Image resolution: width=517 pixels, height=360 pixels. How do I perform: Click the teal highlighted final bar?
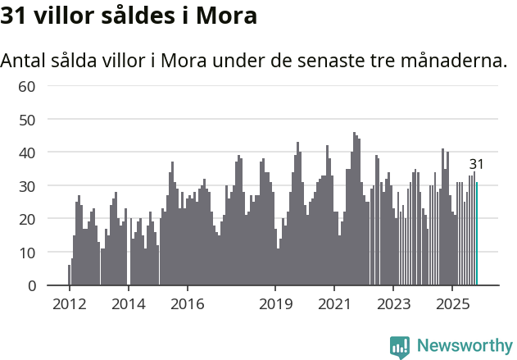(x=477, y=235)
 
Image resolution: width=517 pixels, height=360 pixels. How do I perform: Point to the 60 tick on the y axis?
(x=27, y=86)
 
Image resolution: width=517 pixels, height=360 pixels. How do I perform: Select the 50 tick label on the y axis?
(x=27, y=120)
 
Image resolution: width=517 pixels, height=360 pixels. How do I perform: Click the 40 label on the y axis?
(x=27, y=153)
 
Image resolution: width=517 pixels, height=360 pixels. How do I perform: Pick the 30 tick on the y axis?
(x=27, y=186)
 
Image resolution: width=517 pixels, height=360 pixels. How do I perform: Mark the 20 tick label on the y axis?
(x=27, y=220)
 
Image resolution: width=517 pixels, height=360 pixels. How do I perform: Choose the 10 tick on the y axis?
(x=27, y=253)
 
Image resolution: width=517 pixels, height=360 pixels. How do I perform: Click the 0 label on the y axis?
(x=32, y=286)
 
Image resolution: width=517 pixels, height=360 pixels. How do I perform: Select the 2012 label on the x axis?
(x=69, y=303)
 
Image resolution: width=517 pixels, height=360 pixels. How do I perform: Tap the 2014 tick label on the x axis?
(x=128, y=303)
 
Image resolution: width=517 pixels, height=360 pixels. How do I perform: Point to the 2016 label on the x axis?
(x=187, y=303)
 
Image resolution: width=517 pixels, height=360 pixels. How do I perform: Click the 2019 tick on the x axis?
(x=275, y=303)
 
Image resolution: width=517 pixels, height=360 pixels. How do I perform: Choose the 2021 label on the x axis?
(x=334, y=303)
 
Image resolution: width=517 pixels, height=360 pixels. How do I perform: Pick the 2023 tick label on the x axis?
(x=393, y=303)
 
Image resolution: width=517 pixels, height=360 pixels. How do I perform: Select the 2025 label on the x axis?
(x=452, y=303)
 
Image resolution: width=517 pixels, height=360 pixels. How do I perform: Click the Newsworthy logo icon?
(x=400, y=346)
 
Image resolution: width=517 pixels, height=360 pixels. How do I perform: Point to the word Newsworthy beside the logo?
(x=464, y=346)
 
